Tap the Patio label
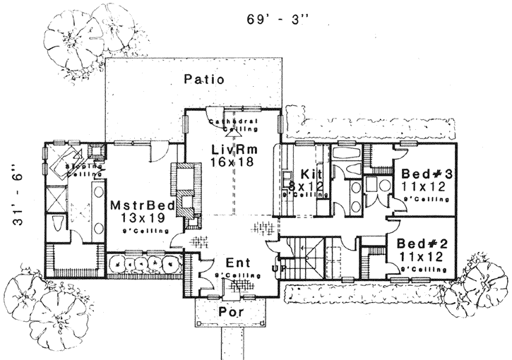(204, 80)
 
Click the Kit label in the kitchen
(311, 174)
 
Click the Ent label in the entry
(234, 263)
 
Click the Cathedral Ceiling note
(234, 125)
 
